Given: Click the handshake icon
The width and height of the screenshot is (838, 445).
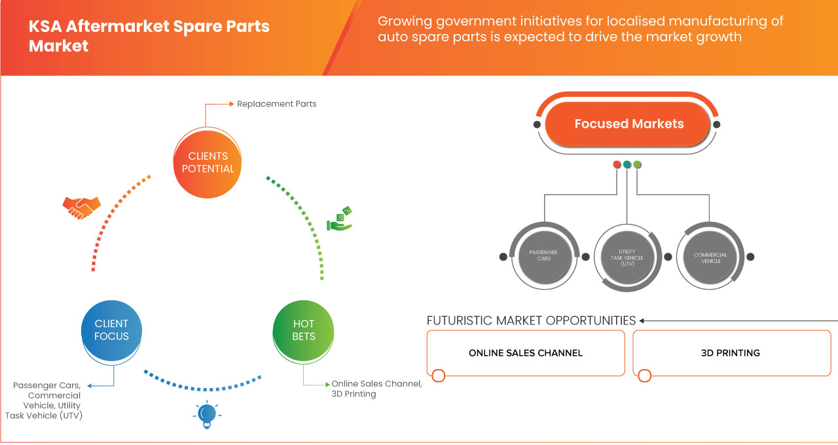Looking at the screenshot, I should click(81, 207).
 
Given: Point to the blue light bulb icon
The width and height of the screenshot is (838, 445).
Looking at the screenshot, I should click(206, 414).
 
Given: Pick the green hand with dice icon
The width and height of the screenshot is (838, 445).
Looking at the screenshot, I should click(340, 219).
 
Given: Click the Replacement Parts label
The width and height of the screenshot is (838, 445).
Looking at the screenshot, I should click(276, 103).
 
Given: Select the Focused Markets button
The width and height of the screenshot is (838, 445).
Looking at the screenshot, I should click(628, 124).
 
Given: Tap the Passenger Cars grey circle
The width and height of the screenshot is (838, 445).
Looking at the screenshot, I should click(543, 255).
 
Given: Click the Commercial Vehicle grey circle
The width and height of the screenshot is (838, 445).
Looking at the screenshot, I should click(710, 255).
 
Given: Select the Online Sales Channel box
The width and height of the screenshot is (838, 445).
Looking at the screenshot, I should click(526, 353).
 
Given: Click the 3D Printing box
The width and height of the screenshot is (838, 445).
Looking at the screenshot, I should click(731, 353).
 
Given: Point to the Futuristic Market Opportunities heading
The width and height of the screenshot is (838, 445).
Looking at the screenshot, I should click(531, 320).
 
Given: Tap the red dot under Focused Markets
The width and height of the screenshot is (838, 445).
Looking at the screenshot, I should click(617, 164).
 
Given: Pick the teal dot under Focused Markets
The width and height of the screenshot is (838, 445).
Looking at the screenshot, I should click(627, 164).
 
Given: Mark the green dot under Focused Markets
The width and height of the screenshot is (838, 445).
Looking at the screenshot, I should click(638, 164).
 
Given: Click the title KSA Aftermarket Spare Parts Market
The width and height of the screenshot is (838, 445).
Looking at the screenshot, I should click(149, 37).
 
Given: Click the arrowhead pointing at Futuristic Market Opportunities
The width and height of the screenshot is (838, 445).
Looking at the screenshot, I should click(642, 321).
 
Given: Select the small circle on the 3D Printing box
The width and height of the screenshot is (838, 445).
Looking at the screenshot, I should click(645, 376).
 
